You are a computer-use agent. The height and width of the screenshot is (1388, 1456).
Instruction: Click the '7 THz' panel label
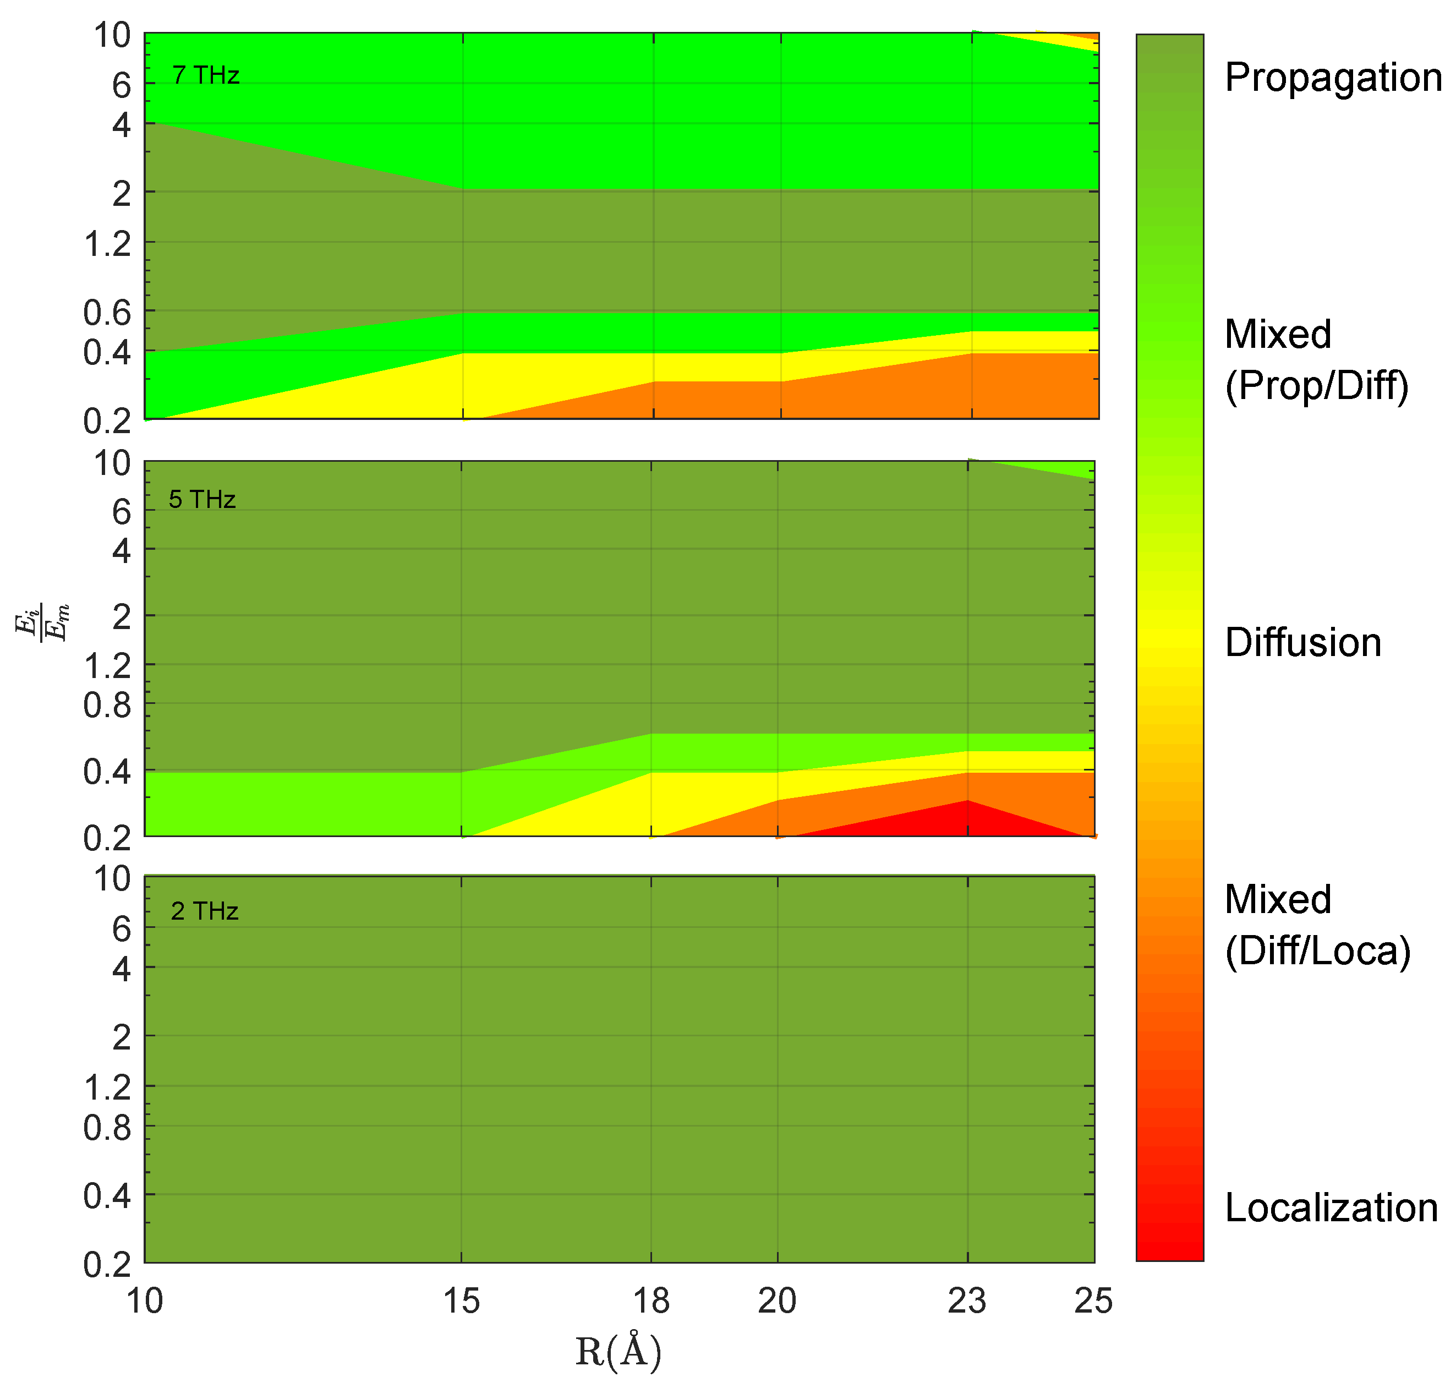point(206,75)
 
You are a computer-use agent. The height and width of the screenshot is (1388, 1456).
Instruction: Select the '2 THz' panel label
point(204,911)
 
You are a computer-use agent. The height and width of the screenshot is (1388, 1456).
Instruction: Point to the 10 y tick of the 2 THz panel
point(112,879)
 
